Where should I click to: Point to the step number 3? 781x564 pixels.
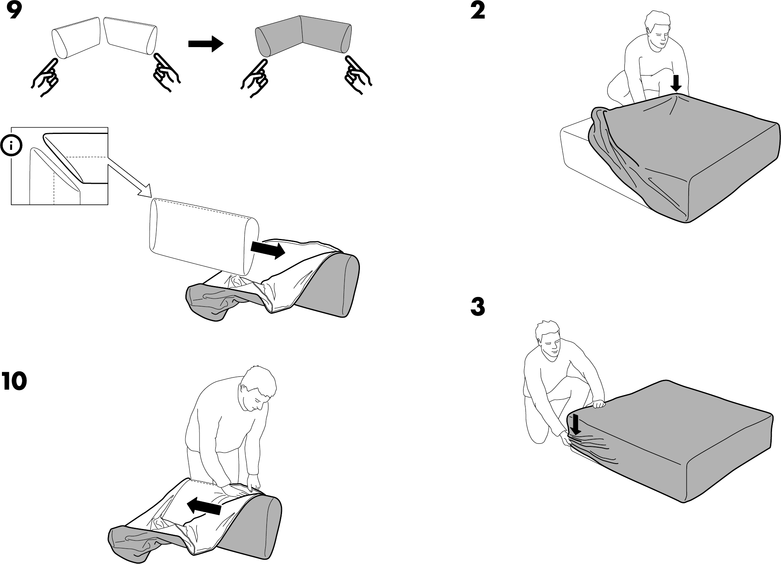tap(478, 307)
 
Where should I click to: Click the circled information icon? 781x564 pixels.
tap(11, 146)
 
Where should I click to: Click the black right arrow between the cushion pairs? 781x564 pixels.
tap(206, 44)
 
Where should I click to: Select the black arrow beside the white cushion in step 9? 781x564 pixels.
tap(268, 249)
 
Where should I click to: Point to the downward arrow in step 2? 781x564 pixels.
tap(677, 83)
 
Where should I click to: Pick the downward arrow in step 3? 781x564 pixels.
tap(575, 426)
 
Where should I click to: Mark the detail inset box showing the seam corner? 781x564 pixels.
tap(59, 166)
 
